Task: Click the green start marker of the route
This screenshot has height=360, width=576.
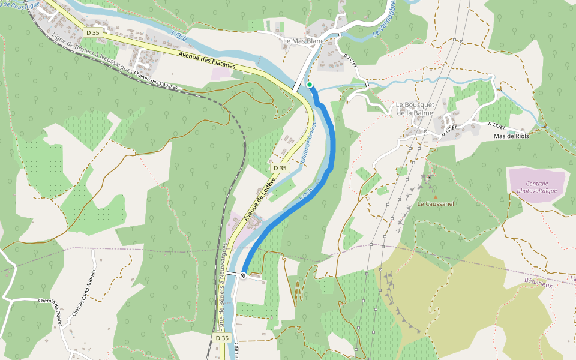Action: point(310,85)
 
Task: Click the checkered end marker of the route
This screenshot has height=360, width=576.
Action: point(244,275)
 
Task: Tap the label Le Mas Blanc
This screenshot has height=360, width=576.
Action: point(303,41)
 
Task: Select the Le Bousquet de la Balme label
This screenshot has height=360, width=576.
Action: point(414,109)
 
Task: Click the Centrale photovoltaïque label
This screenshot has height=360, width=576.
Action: point(537,187)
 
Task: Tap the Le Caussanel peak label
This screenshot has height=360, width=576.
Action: point(436,204)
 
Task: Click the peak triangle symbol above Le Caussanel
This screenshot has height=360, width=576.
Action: point(436,196)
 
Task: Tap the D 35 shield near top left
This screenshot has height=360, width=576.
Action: point(92,32)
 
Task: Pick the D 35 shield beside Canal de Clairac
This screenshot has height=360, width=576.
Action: point(280,169)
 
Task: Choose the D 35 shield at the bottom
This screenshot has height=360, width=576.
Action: point(222,338)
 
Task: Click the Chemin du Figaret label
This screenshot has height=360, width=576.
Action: point(56,310)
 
